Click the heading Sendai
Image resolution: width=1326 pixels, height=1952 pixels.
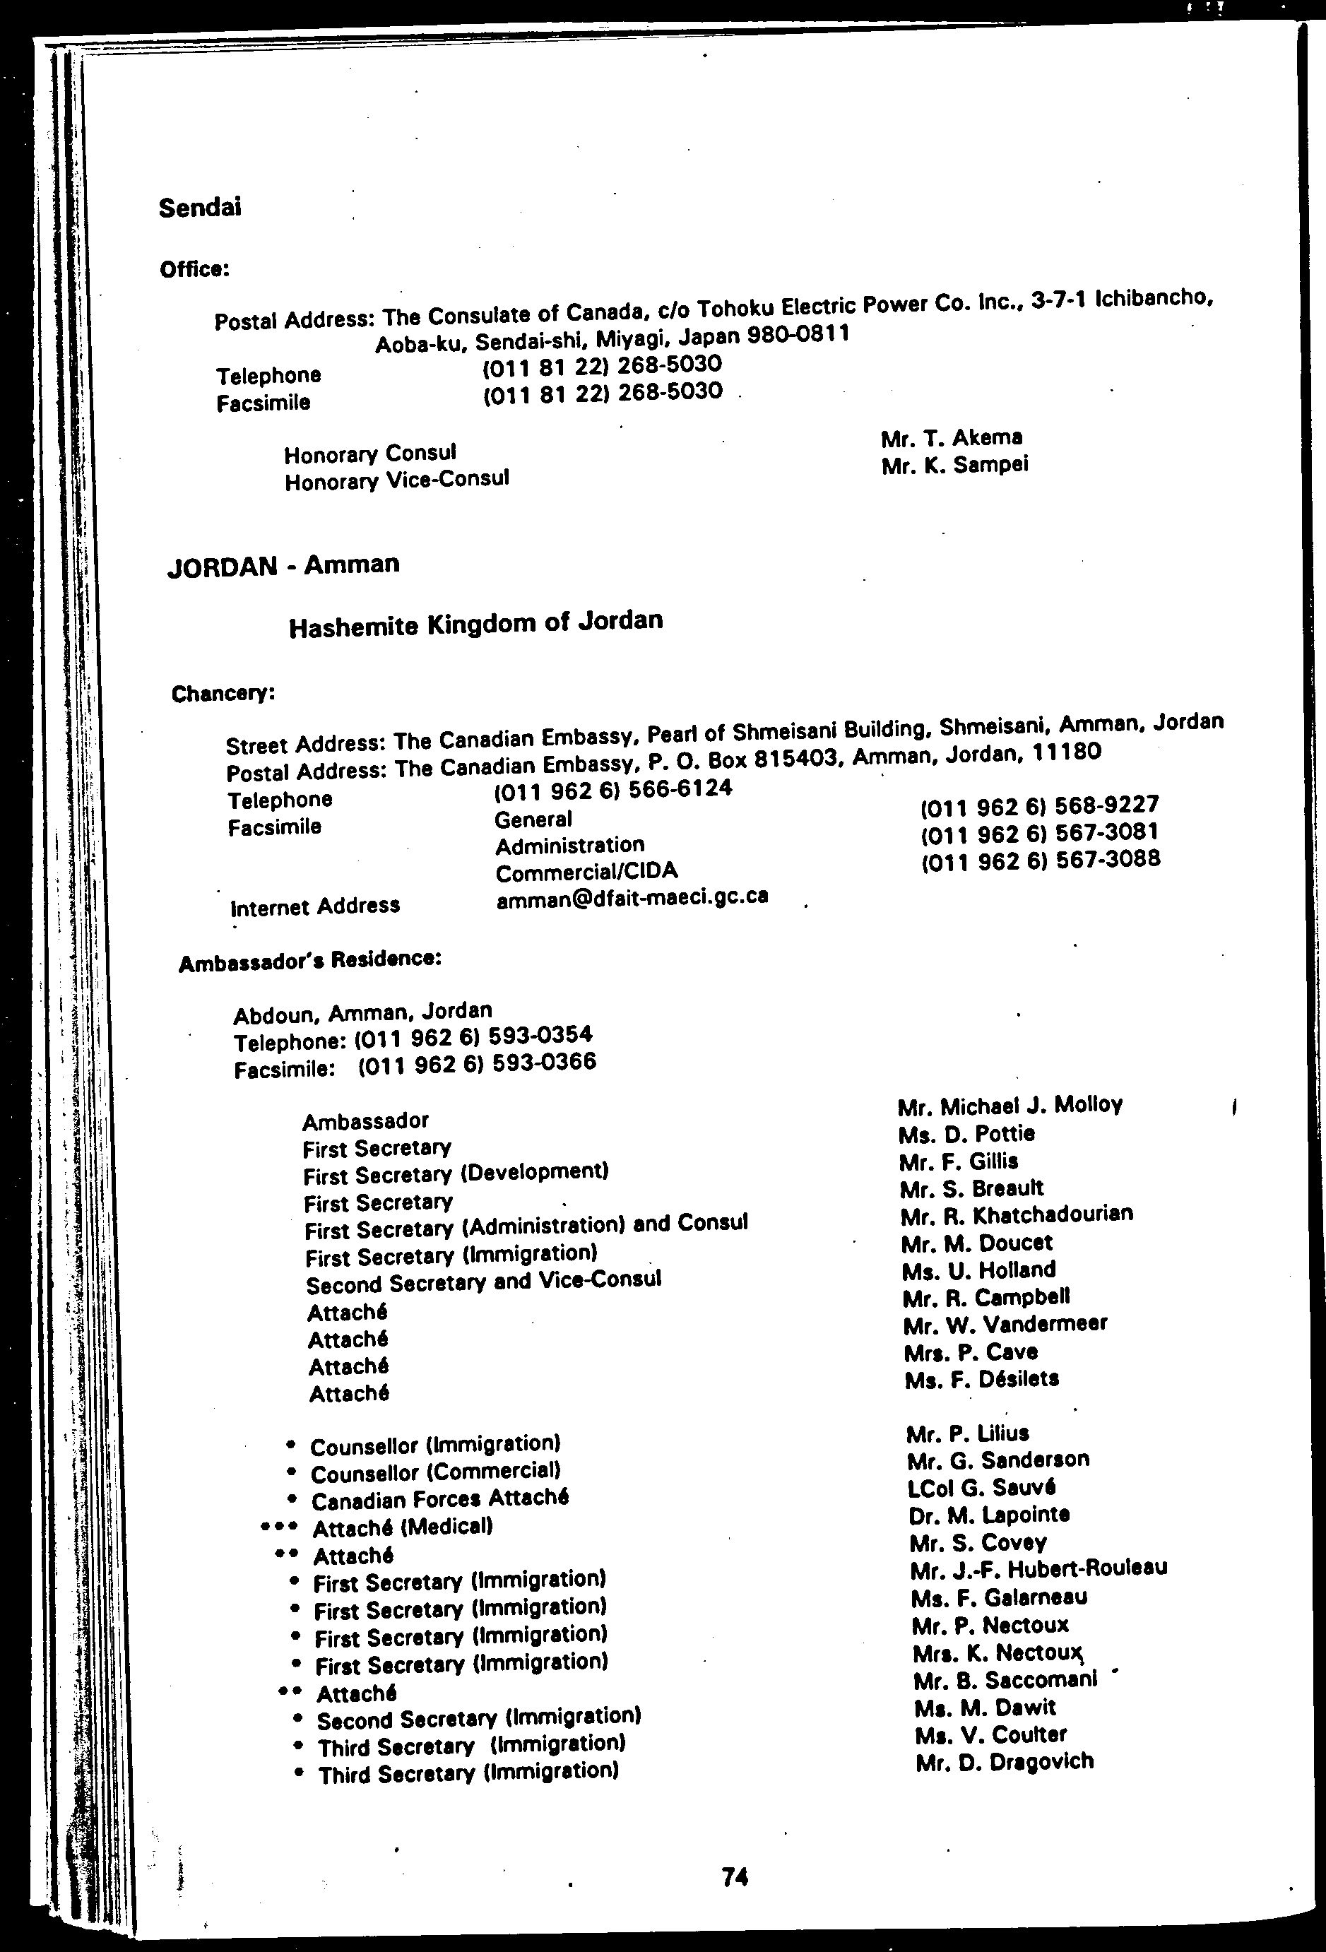(200, 208)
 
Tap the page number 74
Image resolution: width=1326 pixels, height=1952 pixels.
(735, 1876)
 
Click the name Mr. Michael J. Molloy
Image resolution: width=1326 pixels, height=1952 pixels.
(1010, 1106)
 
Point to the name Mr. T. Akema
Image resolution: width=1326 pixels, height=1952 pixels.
(952, 437)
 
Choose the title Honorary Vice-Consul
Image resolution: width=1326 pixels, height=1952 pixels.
(396, 480)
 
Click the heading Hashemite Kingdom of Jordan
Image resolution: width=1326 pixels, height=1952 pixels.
(475, 623)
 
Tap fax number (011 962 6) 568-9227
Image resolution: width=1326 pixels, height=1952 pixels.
(1040, 805)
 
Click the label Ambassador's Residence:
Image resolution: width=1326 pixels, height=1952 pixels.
(310, 961)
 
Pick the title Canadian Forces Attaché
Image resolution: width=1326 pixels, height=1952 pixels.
(439, 1499)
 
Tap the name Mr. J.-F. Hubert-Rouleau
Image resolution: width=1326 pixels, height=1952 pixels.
(1038, 1568)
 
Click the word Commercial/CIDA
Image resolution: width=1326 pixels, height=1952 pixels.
(586, 872)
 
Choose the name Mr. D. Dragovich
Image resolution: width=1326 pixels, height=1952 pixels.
(1005, 1761)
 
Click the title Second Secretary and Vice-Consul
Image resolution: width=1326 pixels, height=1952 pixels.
(483, 1282)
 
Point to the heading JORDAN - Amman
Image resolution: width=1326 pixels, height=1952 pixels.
(283, 565)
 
